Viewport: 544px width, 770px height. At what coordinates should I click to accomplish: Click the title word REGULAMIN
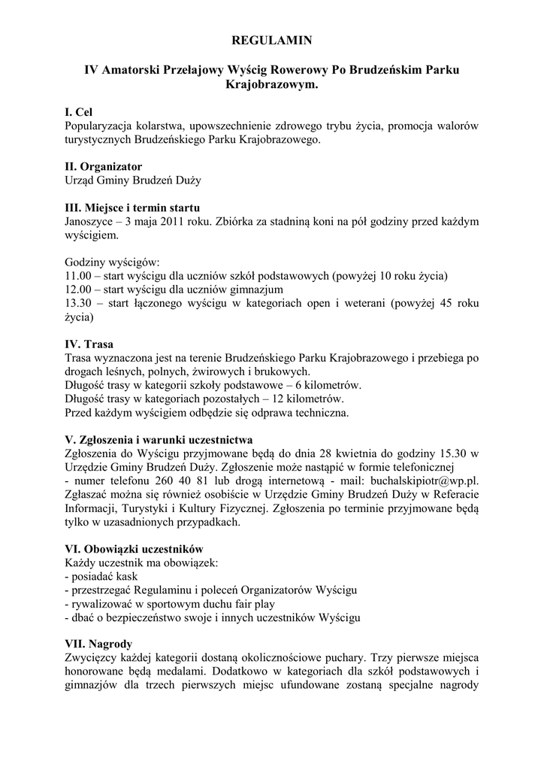tap(271, 39)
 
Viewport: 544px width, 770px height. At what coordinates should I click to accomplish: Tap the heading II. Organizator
tap(103, 166)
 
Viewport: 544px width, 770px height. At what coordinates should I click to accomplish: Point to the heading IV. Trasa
tap(89, 344)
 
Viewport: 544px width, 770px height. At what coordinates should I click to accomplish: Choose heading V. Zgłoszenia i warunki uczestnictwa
tap(159, 439)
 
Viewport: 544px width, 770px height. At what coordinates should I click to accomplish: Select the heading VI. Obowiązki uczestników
tap(134, 549)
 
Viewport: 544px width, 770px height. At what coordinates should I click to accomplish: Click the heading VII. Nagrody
tap(98, 644)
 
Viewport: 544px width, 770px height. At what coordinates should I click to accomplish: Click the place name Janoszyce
tap(91, 222)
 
